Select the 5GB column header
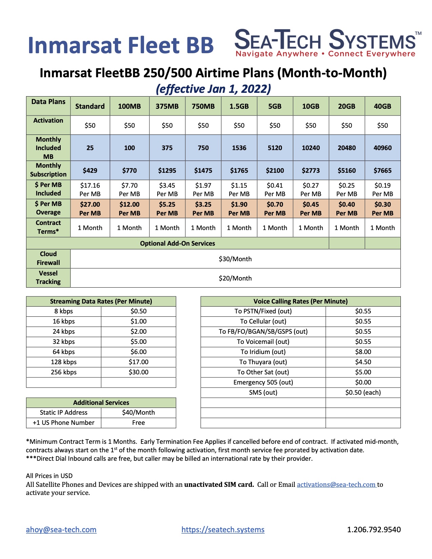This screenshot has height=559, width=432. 275,106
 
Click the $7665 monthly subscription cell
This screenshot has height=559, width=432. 383,170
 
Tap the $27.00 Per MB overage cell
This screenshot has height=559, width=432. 90,209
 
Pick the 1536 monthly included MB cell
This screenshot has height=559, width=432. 239,148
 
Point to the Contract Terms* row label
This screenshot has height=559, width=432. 48,227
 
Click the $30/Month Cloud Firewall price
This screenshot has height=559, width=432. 235,259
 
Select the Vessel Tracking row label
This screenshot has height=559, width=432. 48,277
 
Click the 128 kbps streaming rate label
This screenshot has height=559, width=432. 64,362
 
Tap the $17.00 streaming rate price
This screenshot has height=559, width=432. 139,362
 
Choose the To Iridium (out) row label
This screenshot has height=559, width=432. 263,352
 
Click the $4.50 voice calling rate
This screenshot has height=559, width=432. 363,362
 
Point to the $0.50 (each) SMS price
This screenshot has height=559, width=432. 363,392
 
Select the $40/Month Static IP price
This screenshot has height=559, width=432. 138,412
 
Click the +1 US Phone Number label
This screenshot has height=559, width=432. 64,422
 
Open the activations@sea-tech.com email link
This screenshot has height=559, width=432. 336,484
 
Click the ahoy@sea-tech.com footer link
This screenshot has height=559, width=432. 61,530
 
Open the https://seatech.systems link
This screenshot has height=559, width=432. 223,530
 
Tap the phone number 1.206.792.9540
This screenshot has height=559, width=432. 374,530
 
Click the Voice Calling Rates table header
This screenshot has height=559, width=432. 301,301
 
